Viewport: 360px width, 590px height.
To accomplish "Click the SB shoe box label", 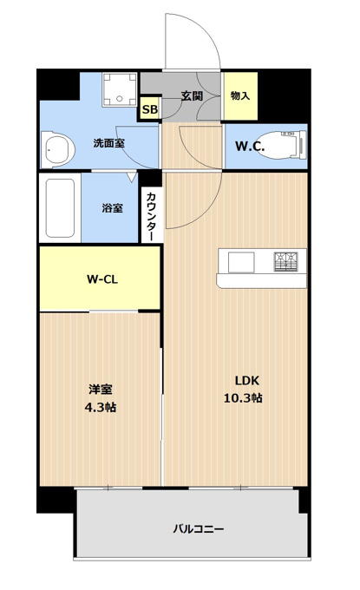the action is click(150, 109).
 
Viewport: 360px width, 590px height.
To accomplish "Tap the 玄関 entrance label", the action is click(192, 96).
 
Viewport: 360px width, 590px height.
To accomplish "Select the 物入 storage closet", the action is click(241, 95).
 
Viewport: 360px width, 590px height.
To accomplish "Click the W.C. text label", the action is click(250, 146).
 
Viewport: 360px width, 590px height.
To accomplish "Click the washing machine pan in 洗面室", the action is click(120, 89).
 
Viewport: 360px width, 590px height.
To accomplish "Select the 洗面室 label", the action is click(108, 143).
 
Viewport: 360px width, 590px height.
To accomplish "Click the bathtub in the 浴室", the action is click(60, 207).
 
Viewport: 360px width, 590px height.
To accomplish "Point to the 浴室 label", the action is click(112, 207).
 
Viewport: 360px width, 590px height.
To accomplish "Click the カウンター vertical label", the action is click(150, 216).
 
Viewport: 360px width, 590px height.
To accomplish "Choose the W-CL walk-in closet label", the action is click(102, 279).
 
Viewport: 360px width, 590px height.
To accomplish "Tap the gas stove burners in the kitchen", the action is click(285, 261).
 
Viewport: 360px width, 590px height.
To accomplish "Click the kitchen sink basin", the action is click(241, 262).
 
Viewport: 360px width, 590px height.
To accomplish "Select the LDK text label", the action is click(247, 380).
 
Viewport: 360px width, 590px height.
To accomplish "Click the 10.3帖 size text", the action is click(243, 397).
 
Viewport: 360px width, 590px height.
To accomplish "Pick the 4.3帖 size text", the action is click(100, 407).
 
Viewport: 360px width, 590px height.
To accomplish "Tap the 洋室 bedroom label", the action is click(101, 390).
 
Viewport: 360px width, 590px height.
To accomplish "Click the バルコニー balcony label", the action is click(199, 529).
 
